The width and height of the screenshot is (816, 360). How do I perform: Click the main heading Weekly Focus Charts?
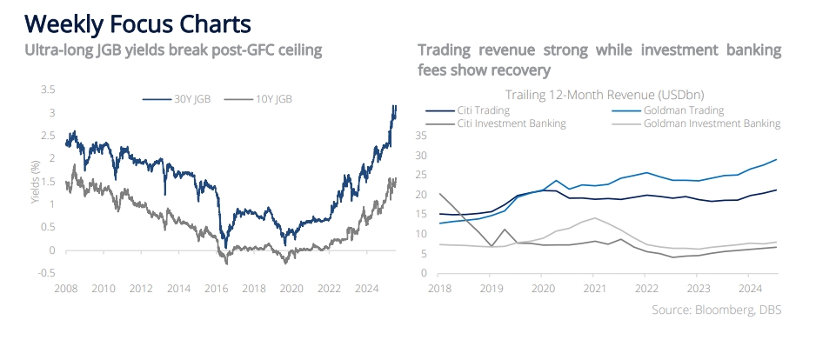pos(138,24)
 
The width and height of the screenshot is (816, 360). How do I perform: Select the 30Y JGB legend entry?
pos(176,99)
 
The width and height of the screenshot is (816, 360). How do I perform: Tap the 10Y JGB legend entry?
pos(258,99)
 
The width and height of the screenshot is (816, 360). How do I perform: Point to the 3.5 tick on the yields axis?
pos(48,90)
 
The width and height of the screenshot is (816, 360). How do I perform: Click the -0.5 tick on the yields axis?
pos(46,273)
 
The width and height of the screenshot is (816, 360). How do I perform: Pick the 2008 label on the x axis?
pos(65,287)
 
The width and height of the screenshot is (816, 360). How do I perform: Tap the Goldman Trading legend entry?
pos(668,110)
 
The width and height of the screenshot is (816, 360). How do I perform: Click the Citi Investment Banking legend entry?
pos(496,123)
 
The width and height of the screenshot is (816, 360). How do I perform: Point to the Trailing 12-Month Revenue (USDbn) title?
pos(605,95)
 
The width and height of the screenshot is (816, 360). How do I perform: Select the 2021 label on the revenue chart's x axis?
pos(593,287)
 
